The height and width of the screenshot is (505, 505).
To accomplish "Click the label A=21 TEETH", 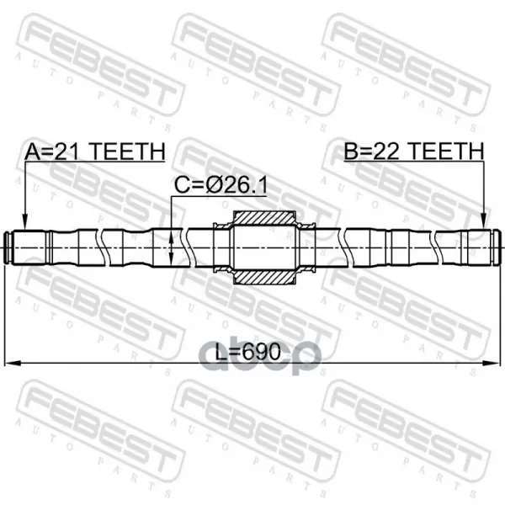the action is pos(95,151).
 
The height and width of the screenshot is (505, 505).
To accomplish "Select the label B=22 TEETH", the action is pos(414,151).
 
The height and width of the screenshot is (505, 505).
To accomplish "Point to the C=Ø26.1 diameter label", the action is pos(221,185).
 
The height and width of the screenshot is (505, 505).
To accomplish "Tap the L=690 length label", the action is pos(247,351).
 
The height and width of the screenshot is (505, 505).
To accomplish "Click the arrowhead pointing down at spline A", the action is pos(24,223).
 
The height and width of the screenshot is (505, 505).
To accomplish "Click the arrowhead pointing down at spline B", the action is pos(484,223).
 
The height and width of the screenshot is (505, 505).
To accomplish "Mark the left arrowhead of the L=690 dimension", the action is pos(12,364).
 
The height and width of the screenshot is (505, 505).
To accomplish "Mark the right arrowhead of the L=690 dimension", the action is pos(492,364).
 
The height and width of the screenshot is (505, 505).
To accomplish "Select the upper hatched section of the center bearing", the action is pos(264,218).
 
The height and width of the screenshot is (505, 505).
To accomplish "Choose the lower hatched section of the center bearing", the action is pos(264,277).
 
